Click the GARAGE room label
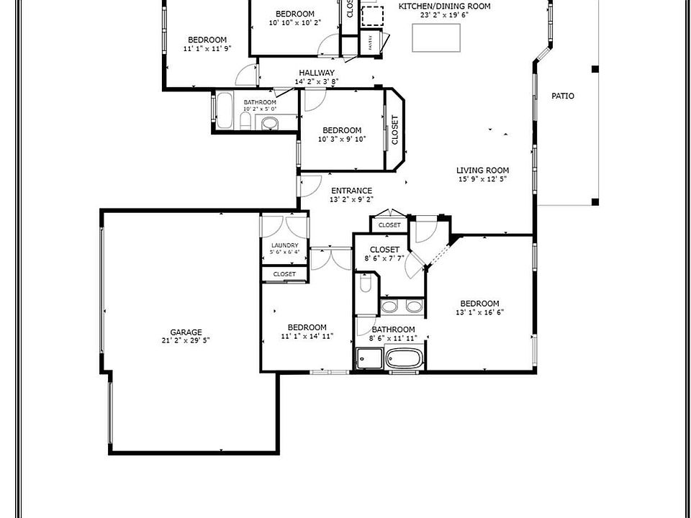[186, 332]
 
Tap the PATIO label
[562, 96]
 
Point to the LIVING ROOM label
[482, 171]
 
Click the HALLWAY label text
[317, 73]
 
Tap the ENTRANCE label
[351, 191]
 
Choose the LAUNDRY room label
[284, 245]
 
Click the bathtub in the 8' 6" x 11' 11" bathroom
[403, 358]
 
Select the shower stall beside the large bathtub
[369, 358]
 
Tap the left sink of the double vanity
[389, 307]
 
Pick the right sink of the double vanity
[413, 307]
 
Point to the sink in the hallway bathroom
[269, 124]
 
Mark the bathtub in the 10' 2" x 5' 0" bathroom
[224, 112]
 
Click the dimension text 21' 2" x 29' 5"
[186, 340]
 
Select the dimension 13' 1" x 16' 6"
[479, 312]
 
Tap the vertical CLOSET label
[394, 130]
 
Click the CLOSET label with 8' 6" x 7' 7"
[384, 250]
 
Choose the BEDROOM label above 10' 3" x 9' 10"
[342, 130]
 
